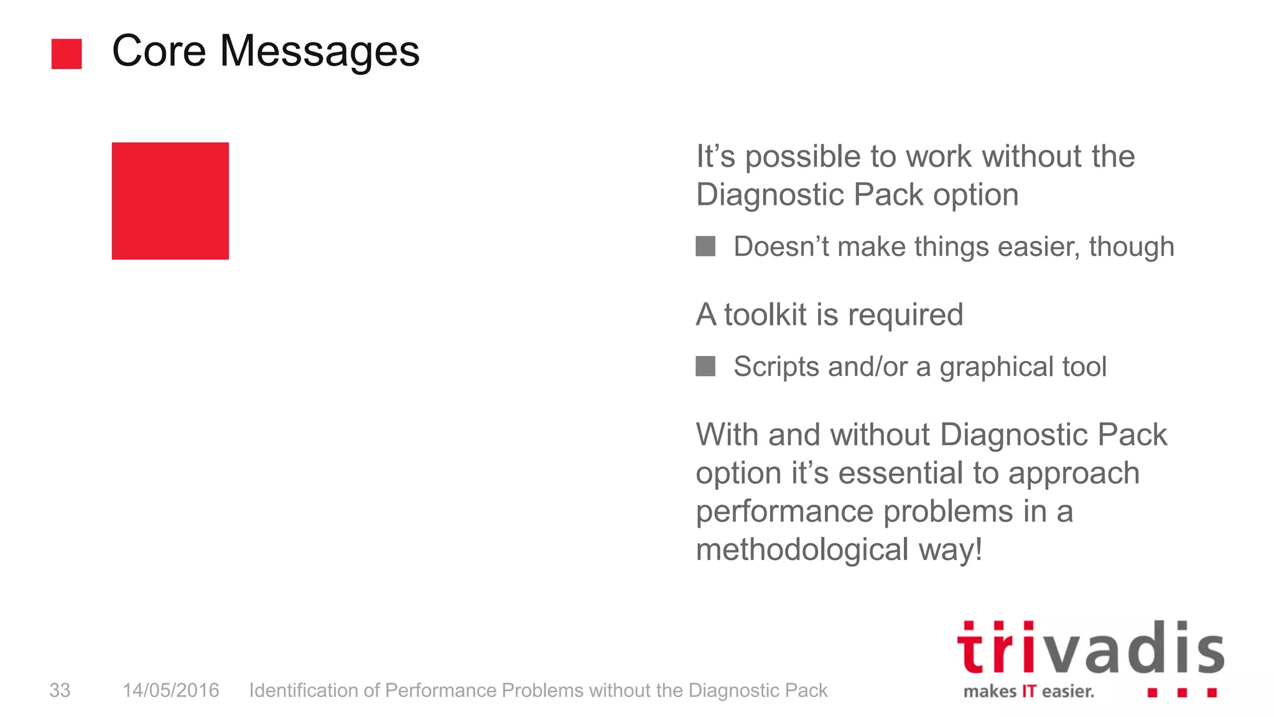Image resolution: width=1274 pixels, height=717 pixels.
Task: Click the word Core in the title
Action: tap(159, 51)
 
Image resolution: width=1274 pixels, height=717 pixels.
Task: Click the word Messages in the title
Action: tap(320, 51)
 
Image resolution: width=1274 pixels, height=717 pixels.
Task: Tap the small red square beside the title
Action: tap(67, 54)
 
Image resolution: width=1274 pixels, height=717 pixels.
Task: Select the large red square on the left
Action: tap(170, 200)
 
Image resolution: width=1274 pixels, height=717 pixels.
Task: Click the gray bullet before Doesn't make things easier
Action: tap(705, 246)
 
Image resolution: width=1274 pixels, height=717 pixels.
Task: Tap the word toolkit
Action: tap(765, 314)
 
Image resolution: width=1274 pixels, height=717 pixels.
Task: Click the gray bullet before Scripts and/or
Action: tap(705, 367)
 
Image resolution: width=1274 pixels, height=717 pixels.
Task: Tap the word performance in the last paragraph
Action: tap(784, 512)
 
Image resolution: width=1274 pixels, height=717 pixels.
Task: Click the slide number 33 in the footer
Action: tap(60, 690)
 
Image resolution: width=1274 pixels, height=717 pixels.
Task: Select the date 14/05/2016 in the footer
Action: tap(170, 690)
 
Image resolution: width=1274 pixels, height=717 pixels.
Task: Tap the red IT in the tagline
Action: tap(1028, 691)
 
